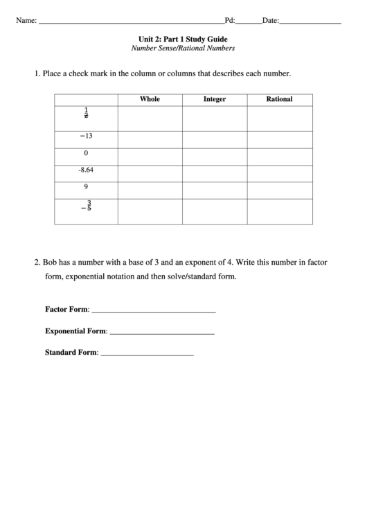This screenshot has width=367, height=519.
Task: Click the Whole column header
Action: click(x=150, y=99)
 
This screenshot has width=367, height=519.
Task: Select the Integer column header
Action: click(x=215, y=99)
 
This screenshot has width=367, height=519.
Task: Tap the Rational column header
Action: click(x=279, y=99)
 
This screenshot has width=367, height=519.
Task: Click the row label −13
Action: click(x=86, y=136)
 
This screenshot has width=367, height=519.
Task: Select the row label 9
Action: click(x=86, y=186)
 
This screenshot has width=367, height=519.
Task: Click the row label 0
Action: click(x=86, y=152)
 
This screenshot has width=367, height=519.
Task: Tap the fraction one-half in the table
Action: click(x=86, y=114)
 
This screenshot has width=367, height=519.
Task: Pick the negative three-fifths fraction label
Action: click(x=87, y=206)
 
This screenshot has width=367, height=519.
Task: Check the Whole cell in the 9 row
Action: click(x=150, y=187)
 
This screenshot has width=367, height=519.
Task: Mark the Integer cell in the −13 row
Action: click(x=215, y=137)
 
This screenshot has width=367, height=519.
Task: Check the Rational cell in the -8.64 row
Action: click(x=279, y=170)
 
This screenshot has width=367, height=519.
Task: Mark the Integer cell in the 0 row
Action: click(x=215, y=153)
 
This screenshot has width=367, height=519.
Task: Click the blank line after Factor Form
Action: click(x=153, y=311)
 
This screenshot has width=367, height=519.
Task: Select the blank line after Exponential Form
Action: click(x=162, y=333)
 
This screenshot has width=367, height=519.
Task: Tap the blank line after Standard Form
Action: click(x=147, y=354)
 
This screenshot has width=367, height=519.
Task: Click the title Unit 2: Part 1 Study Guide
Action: click(x=183, y=39)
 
